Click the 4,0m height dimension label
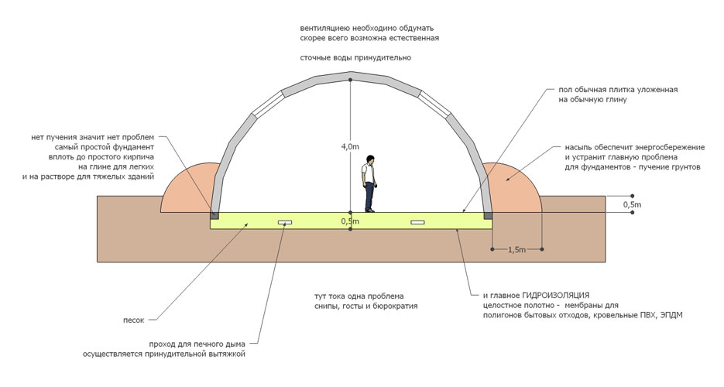[x=350, y=146]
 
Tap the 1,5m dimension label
[x=516, y=251]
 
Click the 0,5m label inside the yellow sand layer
[x=350, y=221]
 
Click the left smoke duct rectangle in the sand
[x=286, y=222]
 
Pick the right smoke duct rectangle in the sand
[x=419, y=222]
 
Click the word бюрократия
[x=396, y=307]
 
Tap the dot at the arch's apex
[x=351, y=79]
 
